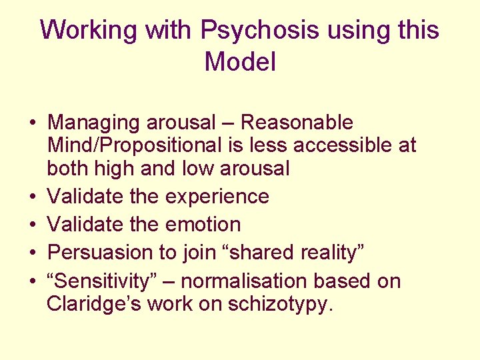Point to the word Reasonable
pos(297,123)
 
